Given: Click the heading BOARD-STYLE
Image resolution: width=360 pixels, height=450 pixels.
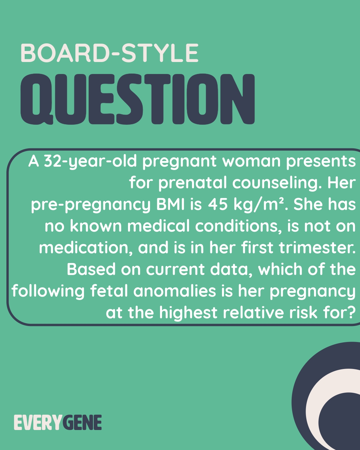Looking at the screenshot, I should (109, 53).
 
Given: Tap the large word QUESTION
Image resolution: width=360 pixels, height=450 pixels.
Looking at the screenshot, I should (138, 99).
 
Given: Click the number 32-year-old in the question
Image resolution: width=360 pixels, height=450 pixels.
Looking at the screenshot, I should (90, 162).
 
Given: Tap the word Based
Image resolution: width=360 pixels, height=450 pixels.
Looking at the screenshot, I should (91, 269).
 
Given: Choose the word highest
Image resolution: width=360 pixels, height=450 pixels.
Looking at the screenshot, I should (188, 313).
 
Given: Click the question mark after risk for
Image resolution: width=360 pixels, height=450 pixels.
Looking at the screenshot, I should (351, 313).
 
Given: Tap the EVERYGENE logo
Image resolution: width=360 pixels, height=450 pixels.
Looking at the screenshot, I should (58, 423).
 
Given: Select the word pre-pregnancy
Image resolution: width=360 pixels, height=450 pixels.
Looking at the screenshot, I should (91, 205).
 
